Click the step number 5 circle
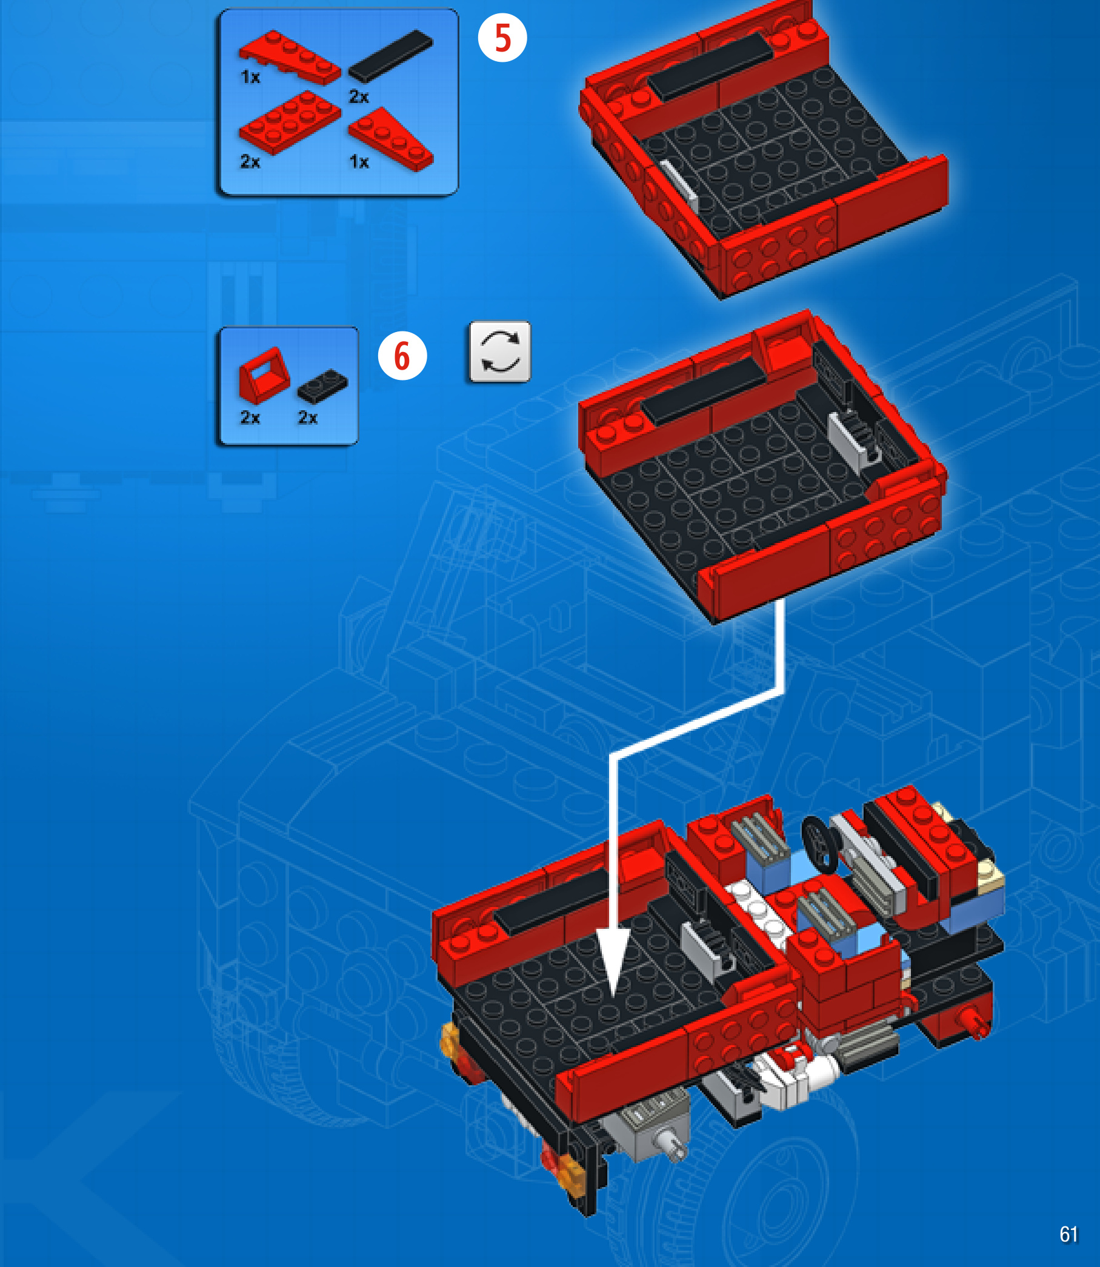click(x=502, y=38)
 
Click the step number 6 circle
click(x=402, y=356)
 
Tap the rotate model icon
click(x=499, y=351)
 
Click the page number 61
click(x=1068, y=1234)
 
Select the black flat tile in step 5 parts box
click(x=390, y=56)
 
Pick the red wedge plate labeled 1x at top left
click(x=290, y=57)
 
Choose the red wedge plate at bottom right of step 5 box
click(x=391, y=139)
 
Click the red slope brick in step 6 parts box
click(x=264, y=376)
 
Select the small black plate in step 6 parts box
click(x=322, y=387)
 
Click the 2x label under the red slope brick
click(x=250, y=418)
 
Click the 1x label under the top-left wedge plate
click(x=250, y=78)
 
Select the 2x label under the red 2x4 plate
click(x=250, y=162)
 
